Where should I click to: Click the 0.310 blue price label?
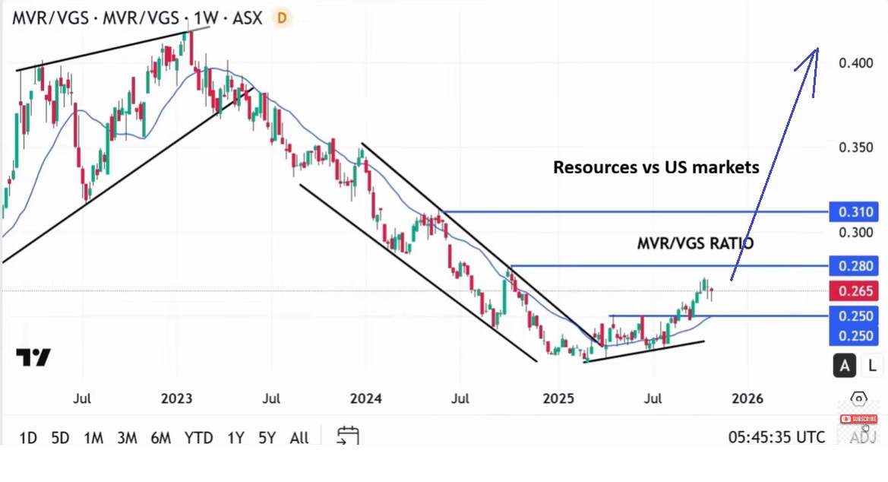coord(854,212)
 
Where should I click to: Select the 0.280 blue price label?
coord(854,266)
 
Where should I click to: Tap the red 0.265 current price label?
coord(854,291)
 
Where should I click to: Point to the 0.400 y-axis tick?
coord(856,63)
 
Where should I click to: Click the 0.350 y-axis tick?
coord(856,147)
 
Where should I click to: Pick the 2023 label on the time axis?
coord(176,398)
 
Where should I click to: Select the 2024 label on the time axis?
coord(365,398)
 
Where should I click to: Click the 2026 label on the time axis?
coord(747,398)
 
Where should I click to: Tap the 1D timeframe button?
coord(28,438)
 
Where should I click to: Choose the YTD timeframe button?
coord(198,438)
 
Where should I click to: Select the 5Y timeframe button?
coord(267,438)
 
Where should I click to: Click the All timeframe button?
coord(299,438)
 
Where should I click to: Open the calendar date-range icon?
coord(348,436)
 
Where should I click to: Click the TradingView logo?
coord(33,357)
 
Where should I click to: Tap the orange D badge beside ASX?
coord(282,18)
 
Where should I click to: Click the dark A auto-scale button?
coord(845,366)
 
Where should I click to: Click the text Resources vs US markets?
coord(656,167)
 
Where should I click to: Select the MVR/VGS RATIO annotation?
coord(696,243)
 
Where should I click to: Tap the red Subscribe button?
coord(858,419)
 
